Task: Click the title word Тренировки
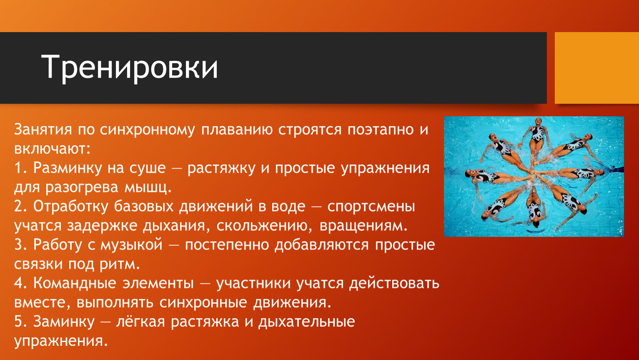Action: coord(130,68)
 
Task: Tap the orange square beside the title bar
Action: coord(597,68)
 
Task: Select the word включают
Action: coord(52,148)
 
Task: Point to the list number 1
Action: coord(20,168)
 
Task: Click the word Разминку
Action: coord(68,168)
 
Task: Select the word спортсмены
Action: coord(371,207)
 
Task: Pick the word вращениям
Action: coord(363,226)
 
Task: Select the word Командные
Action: coord(75,283)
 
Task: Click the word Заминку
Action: coord(64,322)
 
